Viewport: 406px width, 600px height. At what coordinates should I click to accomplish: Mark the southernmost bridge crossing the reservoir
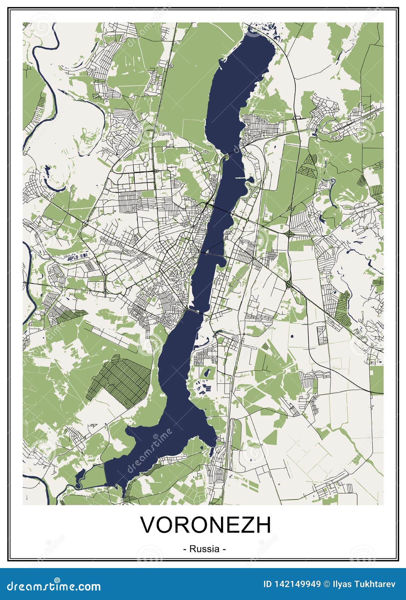pyautogui.click(x=194, y=311)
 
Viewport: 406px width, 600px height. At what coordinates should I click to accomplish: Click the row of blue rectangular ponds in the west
pyautogui.click(x=77, y=256)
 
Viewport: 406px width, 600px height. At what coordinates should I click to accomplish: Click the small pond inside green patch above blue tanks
pyautogui.click(x=206, y=373)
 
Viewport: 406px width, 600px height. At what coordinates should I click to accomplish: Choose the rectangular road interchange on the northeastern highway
pyautogui.click(x=297, y=118)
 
